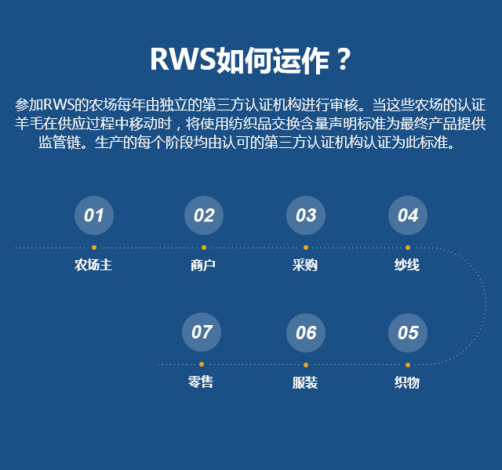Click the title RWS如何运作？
(x=250, y=60)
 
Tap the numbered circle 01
(x=94, y=215)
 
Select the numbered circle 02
(x=204, y=215)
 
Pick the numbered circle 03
(x=306, y=215)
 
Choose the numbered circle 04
(x=408, y=215)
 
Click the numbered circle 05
(x=408, y=333)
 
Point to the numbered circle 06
(x=306, y=333)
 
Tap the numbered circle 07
(x=202, y=332)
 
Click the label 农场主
(x=93, y=265)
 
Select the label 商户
(x=203, y=265)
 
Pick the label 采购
(x=305, y=265)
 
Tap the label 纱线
(x=407, y=265)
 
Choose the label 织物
(x=407, y=382)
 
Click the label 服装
(x=305, y=382)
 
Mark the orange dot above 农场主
(x=94, y=248)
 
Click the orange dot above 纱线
(x=408, y=248)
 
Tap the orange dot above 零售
(x=202, y=364)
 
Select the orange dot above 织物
(x=408, y=365)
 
